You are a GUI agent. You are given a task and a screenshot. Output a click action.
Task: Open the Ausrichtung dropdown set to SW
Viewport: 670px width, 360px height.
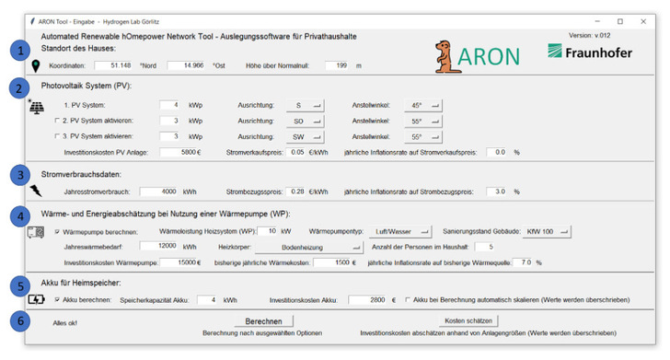click(305, 136)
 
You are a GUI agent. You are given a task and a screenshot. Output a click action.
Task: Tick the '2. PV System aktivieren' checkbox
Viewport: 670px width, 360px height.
click(57, 121)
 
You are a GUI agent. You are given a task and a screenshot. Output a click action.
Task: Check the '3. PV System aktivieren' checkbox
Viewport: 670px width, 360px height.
click(57, 136)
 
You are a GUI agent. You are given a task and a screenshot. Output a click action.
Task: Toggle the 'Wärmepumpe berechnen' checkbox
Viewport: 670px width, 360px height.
click(57, 231)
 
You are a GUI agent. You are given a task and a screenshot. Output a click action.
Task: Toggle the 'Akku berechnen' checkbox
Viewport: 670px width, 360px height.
click(57, 299)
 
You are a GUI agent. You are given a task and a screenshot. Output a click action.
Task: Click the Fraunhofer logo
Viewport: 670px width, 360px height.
click(589, 52)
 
